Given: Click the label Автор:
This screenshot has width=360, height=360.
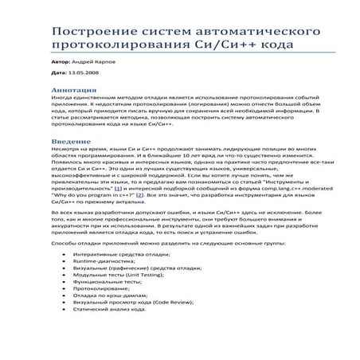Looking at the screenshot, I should click(x=61, y=61).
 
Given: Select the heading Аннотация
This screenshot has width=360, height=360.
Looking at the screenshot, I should click(x=73, y=90).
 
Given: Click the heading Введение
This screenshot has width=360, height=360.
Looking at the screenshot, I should click(x=70, y=140).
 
